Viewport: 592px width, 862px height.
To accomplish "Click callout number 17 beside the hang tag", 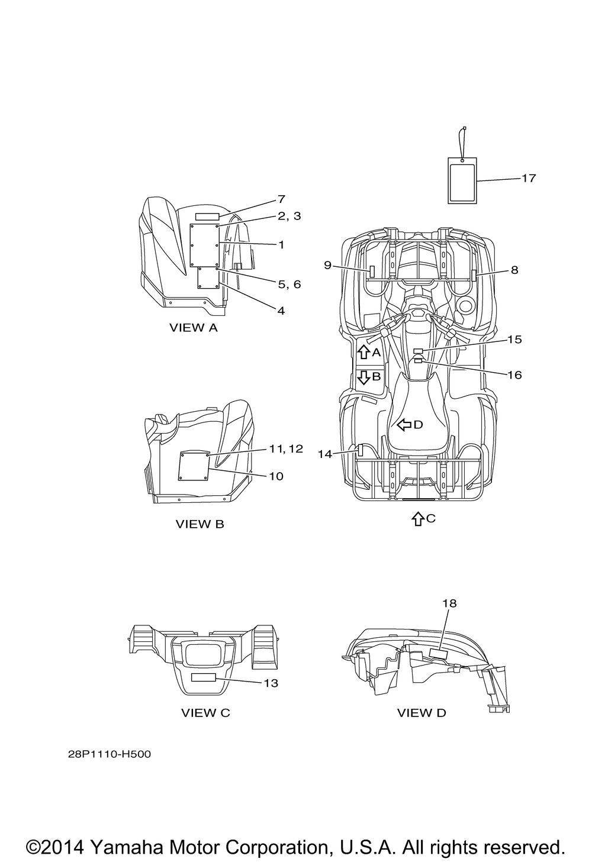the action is point(529,178).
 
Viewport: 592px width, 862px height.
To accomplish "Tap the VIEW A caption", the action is point(194,328).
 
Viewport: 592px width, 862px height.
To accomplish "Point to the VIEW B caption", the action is point(200,524).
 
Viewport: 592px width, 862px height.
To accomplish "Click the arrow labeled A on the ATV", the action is point(363,352).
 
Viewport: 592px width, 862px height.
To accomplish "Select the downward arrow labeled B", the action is point(363,377).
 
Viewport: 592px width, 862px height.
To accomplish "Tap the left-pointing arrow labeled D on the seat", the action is point(404,425).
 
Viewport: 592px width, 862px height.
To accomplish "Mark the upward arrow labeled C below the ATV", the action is point(417,519).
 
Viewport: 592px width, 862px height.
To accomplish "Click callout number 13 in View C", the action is point(271,683).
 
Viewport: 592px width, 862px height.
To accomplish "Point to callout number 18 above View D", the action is point(449,614).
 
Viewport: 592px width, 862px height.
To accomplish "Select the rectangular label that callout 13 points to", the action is point(204,677).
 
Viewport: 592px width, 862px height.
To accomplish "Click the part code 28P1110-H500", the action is point(110,754).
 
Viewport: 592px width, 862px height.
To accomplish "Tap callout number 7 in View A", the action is point(281,199).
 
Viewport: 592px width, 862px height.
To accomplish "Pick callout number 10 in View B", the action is point(276,476).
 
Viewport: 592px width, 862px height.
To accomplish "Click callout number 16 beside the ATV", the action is point(514,375).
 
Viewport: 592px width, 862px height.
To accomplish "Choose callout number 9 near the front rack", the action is point(327,265).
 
